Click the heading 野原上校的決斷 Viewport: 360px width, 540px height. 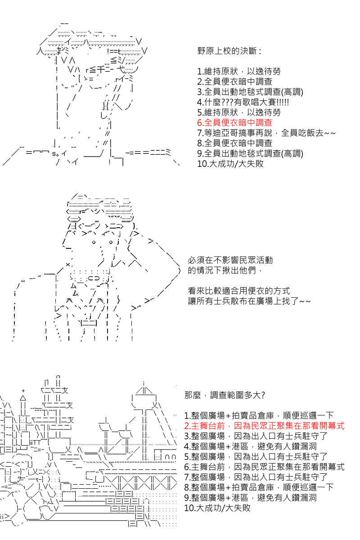point(229,51)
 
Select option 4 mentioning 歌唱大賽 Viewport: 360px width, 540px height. point(243,102)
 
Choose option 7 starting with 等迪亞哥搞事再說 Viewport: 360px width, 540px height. point(266,133)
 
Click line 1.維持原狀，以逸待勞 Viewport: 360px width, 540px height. point(239,71)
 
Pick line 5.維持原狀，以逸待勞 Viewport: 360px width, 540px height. point(239,112)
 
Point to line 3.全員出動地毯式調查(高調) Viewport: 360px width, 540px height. point(250,92)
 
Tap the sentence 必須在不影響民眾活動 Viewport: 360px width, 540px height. point(230,261)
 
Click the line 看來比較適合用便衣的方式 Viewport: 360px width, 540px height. point(238,291)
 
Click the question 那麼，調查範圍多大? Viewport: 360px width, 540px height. point(225,396)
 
